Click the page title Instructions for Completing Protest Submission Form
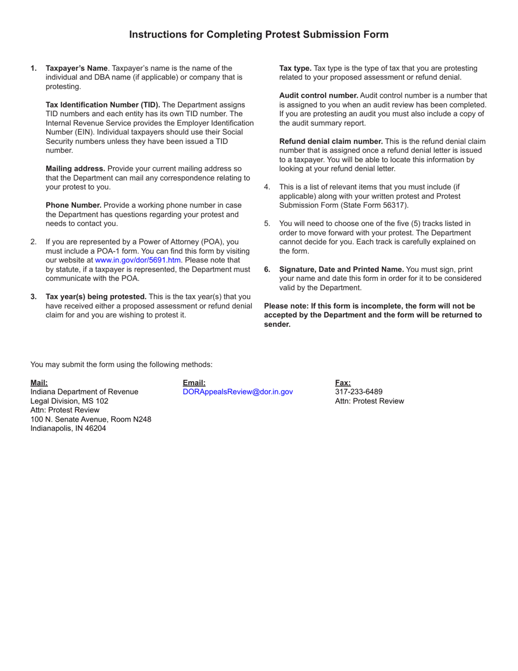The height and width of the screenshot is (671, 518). pos(258,34)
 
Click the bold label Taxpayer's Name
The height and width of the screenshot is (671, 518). pos(76,68)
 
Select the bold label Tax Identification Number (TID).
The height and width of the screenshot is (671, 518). pos(103,105)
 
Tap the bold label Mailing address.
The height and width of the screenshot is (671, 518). pos(75,169)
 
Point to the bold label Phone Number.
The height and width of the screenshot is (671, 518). pos(74,205)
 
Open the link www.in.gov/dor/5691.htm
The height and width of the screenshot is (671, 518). pos(138,260)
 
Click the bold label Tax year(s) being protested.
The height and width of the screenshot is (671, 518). pos(96,297)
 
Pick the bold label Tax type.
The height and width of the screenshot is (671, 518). pos(295,68)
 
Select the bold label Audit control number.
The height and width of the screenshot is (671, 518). pos(318,95)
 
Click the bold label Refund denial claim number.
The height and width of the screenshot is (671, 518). pos(331,141)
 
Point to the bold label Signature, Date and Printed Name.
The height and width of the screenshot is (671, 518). pos(341,269)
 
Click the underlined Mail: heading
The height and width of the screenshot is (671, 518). pos(39,383)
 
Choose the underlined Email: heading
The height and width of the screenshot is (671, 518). pos(194,383)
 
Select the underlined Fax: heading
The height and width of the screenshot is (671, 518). pos(343,383)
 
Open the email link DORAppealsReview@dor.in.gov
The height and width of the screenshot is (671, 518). pos(238,392)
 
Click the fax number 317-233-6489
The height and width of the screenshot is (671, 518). pos(359,392)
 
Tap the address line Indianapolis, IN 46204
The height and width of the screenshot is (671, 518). pos(68,428)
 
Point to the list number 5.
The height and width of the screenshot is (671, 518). pos(267,224)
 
